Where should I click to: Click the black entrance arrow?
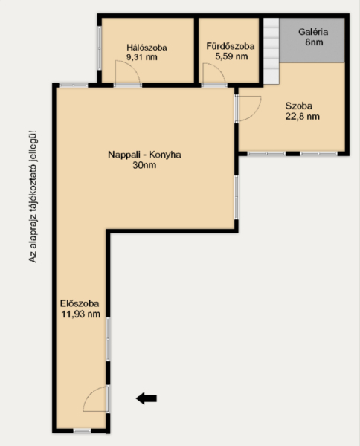pos(147,398)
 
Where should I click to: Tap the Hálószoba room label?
pos(147,48)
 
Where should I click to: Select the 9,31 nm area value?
pos(142,57)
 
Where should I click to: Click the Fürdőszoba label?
pos(231,46)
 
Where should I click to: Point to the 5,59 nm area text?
pos(231,56)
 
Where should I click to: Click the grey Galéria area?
pos(312,40)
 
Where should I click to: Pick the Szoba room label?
pos(299,106)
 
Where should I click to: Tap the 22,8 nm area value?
pos(303,117)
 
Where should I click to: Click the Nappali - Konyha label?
pos(144,155)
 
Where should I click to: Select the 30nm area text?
pos(144,165)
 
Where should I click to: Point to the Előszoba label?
pos(80,303)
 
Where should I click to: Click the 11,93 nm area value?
pos(81,314)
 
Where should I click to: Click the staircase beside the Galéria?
pos(271,51)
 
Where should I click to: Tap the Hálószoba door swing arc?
pos(132,66)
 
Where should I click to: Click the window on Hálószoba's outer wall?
pos(100,48)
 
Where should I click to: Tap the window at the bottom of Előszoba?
pos(82,431)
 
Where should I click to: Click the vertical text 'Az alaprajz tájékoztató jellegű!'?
pos(33,196)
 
